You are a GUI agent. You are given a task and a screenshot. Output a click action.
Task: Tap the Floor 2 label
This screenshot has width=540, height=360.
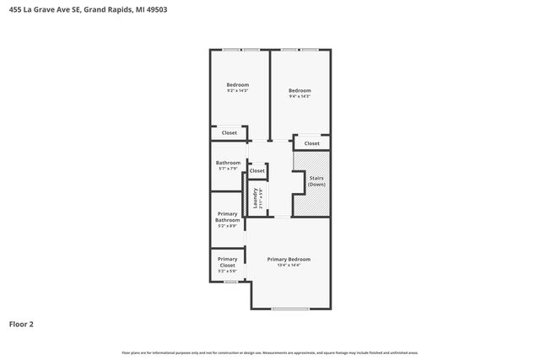[x=21, y=324]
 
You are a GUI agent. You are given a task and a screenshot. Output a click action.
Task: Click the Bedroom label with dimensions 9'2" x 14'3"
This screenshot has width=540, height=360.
[x=238, y=84]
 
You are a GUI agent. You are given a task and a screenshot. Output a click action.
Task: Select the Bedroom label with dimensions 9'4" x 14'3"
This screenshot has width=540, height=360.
[x=300, y=91]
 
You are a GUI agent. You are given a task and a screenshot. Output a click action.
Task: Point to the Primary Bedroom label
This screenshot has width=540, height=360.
[x=289, y=259]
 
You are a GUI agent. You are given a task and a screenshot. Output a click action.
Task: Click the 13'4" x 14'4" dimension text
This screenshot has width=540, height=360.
[x=289, y=266]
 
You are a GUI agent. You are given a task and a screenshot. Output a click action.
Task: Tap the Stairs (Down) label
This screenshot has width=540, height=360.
[x=316, y=181]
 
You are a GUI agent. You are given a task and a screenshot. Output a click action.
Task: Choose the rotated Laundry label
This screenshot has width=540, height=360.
[x=256, y=198]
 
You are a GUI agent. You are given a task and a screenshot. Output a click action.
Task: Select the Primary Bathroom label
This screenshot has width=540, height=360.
[x=228, y=217]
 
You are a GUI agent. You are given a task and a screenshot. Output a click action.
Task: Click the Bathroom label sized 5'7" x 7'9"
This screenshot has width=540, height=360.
[x=228, y=163]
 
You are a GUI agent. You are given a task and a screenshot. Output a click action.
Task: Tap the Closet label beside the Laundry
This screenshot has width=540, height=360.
[x=256, y=171]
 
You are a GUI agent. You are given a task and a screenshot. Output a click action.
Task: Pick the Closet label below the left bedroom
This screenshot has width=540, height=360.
[x=229, y=133]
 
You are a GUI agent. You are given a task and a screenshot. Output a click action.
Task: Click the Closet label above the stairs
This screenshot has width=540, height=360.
[x=311, y=143]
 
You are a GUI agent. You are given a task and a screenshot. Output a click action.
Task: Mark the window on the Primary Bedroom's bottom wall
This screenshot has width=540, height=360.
[x=290, y=309]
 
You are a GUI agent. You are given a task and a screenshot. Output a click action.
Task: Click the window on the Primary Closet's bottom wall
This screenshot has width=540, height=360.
[x=229, y=282]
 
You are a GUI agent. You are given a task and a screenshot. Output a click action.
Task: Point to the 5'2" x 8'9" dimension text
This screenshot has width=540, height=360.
[x=228, y=226]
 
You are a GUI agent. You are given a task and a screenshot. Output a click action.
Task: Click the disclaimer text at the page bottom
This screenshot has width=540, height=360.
[x=270, y=352]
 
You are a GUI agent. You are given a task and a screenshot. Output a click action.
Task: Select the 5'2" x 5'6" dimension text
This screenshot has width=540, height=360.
[x=228, y=271]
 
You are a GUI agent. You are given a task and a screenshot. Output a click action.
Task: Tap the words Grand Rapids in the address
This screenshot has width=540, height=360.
[x=109, y=10]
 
